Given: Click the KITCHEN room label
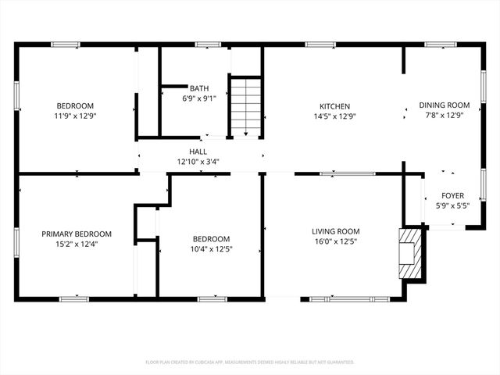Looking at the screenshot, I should [334, 106].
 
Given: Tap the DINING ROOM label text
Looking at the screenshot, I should [444, 105].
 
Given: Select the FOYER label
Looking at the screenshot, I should [452, 196].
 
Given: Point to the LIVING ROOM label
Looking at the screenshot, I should [335, 231].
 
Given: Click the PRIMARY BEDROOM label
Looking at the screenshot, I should [77, 234].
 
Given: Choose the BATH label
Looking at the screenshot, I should [198, 88].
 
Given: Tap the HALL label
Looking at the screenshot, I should [198, 152].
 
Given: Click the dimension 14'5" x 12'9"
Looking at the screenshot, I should [334, 116].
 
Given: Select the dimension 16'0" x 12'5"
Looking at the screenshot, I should [335, 241].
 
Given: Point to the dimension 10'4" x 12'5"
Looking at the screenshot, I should [211, 249].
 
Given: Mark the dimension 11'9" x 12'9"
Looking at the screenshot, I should [75, 116].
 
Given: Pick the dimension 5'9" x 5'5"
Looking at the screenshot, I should [452, 206].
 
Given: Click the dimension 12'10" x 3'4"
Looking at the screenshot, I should [198, 162].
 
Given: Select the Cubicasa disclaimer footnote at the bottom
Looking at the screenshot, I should [250, 362].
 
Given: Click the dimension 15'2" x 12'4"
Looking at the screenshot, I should [77, 244].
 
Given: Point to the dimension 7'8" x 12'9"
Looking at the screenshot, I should [444, 115].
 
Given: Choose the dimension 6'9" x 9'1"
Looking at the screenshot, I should [198, 98].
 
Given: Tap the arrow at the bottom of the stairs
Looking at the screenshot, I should [245, 133].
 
